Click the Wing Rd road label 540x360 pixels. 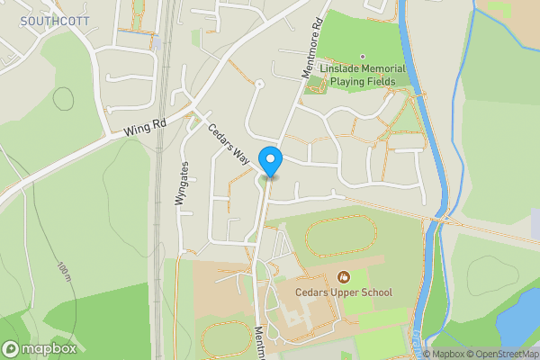coord(145,130)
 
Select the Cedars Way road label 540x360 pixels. coord(229,143)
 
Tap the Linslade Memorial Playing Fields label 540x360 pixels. coord(367,75)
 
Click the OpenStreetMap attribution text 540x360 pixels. coord(500,354)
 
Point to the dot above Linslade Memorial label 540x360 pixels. coord(363,57)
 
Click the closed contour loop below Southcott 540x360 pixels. coord(64,98)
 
